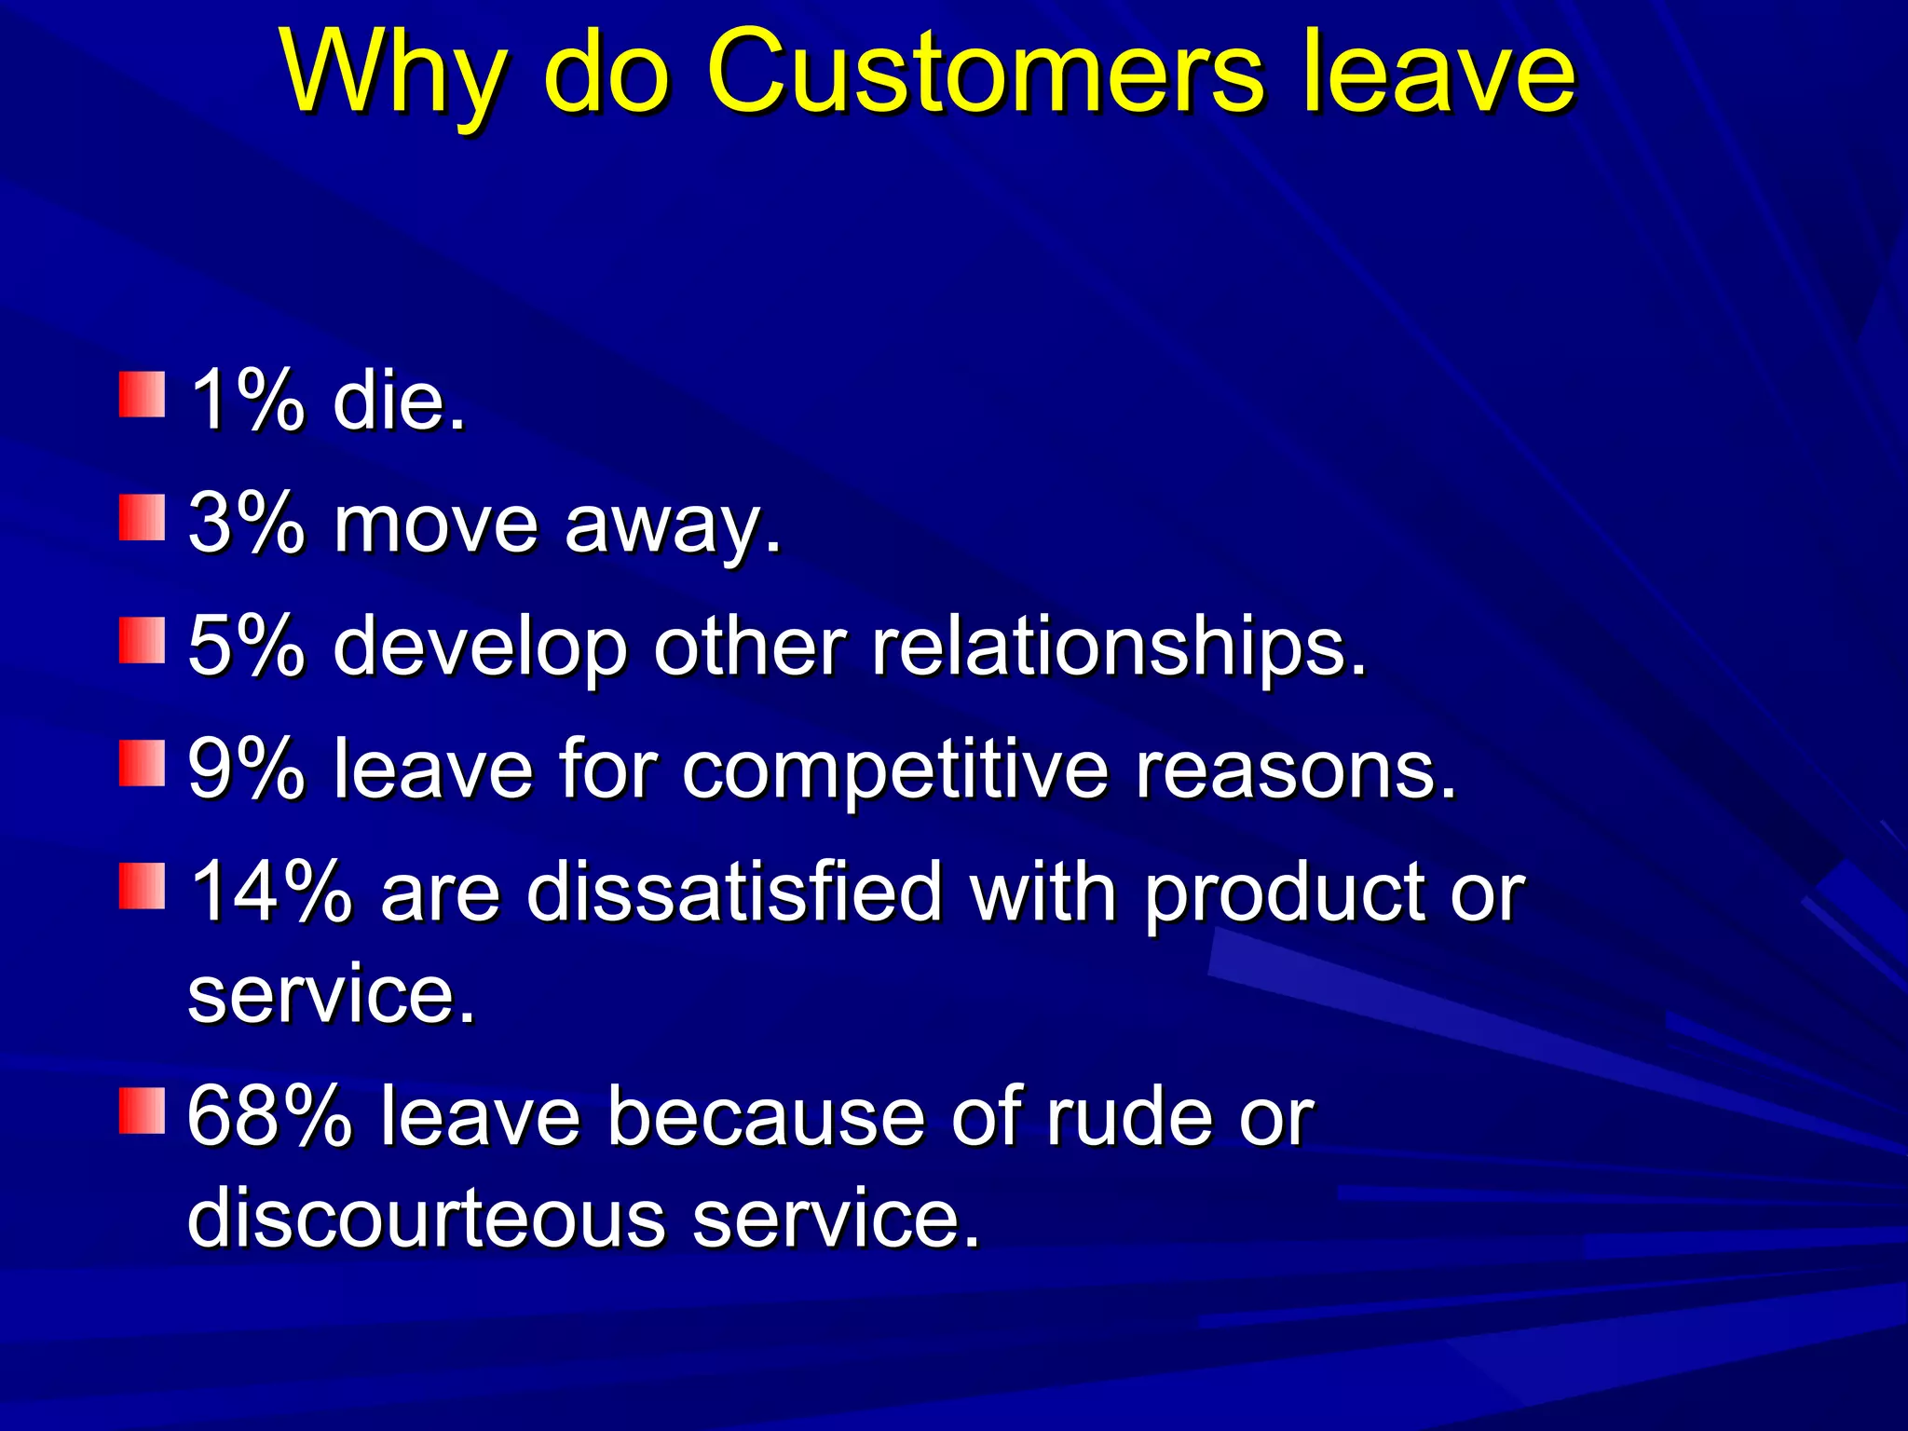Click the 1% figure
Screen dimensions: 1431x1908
point(246,401)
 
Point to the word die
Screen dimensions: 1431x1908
point(399,401)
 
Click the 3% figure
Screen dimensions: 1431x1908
point(246,524)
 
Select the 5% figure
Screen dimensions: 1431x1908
point(246,646)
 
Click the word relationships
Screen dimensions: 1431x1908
point(1118,647)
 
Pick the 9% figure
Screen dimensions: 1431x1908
point(246,770)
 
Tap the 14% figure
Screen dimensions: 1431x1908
point(270,892)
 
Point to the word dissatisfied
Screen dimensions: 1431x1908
point(735,892)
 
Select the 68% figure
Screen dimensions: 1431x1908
point(270,1116)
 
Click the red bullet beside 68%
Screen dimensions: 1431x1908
point(142,1111)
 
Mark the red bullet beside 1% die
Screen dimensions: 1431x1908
point(142,394)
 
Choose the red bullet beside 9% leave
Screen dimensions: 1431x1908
point(142,764)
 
